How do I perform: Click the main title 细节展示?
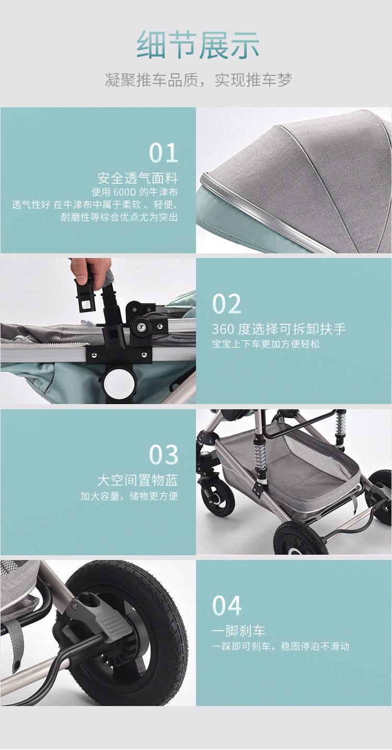(x=198, y=45)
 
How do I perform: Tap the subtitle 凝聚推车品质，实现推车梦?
(x=199, y=80)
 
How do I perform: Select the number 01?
(x=163, y=153)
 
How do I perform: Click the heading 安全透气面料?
(x=137, y=178)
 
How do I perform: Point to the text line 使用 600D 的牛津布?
(x=135, y=192)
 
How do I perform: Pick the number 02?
(x=226, y=304)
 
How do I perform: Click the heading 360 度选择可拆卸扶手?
(x=279, y=329)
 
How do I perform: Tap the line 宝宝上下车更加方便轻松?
(x=266, y=344)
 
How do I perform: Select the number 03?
(x=164, y=455)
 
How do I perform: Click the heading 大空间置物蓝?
(x=137, y=480)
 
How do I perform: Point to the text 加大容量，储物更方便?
(x=129, y=496)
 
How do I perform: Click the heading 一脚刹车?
(x=238, y=631)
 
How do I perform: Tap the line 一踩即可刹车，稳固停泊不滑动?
(x=281, y=646)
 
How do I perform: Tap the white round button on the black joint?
(x=119, y=383)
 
